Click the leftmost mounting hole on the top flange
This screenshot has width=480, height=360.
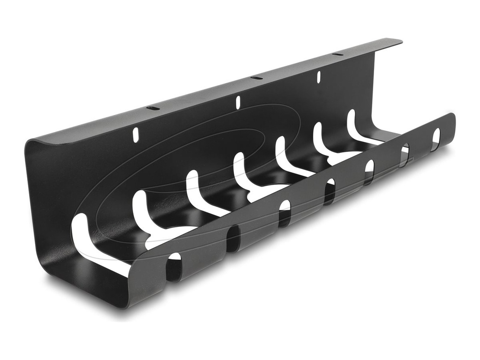coord(153,108)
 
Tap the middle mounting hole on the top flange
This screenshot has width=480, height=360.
coord(256,77)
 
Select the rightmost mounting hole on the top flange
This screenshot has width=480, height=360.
coord(337,54)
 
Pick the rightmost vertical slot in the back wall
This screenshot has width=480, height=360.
coord(318,76)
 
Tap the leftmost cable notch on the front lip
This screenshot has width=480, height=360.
coord(174,268)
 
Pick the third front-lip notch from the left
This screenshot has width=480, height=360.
coord(284,214)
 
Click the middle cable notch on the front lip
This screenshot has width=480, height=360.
coord(330,192)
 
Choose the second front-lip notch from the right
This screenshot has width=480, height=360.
coord(404,155)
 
